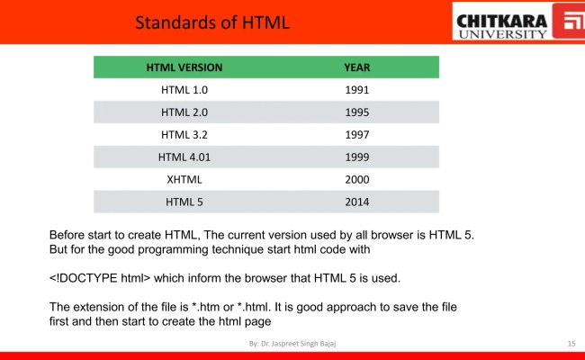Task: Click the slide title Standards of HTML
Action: [212, 22]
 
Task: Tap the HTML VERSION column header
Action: [184, 67]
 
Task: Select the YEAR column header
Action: [357, 67]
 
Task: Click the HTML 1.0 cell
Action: [184, 90]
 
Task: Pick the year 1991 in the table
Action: [357, 90]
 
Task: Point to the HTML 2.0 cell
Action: [184, 112]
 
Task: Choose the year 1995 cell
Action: [357, 112]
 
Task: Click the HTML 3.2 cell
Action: [184, 135]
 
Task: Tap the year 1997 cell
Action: [357, 135]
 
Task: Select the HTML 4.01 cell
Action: [184, 157]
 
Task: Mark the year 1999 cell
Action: [357, 157]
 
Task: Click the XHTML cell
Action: [184, 180]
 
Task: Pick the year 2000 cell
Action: [357, 180]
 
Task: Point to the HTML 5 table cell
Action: [184, 202]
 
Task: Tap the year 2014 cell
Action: [357, 202]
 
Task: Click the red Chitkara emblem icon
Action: [568, 22]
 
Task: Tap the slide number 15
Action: [571, 344]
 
